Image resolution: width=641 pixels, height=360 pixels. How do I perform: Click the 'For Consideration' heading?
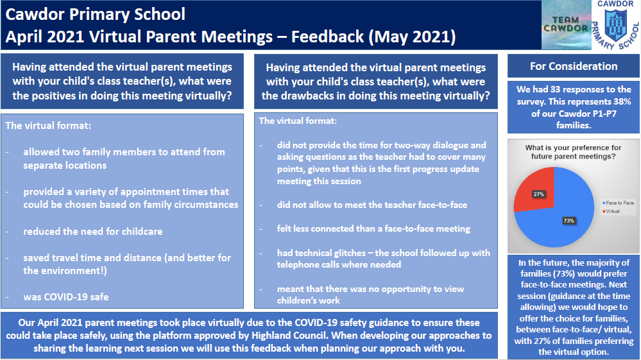[x=573, y=66]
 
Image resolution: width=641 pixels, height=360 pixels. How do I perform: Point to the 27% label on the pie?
[x=538, y=193]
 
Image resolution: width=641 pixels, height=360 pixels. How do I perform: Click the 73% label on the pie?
[x=568, y=220]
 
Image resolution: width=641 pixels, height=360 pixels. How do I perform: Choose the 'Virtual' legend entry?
[x=612, y=210]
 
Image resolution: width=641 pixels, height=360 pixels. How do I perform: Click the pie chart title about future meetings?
[x=573, y=151]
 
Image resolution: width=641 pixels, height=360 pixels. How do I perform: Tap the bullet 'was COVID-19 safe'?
[x=67, y=297]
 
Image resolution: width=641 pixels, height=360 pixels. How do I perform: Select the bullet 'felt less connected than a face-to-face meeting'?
[x=373, y=228]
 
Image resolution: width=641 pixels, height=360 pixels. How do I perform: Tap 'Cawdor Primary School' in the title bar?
[x=96, y=13]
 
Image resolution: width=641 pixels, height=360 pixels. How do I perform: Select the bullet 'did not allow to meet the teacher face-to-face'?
[x=372, y=205]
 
